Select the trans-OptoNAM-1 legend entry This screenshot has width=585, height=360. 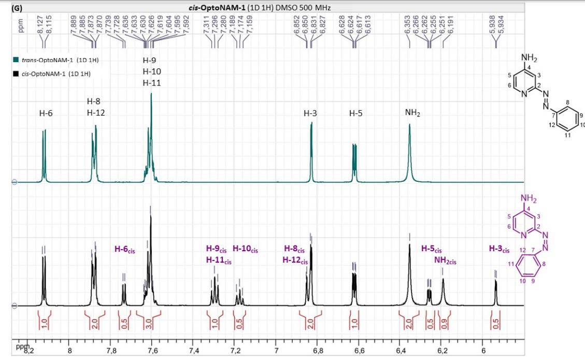55,60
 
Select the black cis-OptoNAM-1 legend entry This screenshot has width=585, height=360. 51,74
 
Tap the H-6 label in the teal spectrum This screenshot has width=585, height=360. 46,112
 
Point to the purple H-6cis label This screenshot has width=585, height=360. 125,249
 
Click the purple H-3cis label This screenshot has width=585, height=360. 499,249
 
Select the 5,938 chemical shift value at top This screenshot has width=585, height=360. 492,30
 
